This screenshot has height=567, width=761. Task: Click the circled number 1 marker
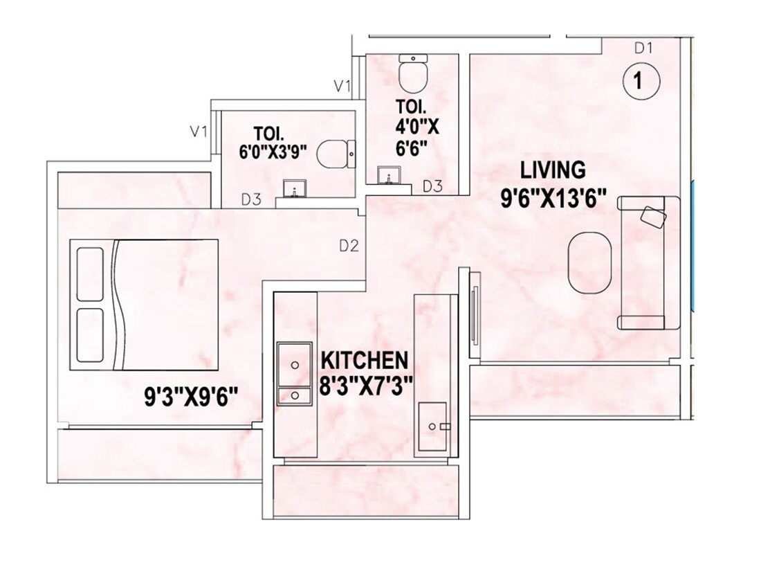tap(641, 81)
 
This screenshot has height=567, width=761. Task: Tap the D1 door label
tap(643, 48)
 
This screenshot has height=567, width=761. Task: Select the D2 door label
tap(348, 246)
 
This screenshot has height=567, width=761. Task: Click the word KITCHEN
tap(363, 360)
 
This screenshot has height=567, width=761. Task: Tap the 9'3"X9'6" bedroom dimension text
tap(191, 397)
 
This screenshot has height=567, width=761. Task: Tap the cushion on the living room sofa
tap(654, 216)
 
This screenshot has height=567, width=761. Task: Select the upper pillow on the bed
tap(91, 271)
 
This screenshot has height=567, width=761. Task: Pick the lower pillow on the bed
tap(91, 335)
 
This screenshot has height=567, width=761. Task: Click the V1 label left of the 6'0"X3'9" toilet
tap(199, 131)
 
